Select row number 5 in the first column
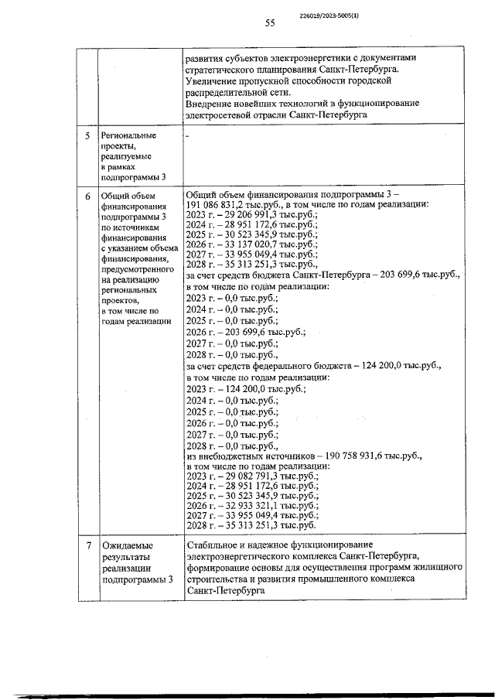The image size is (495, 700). (87, 136)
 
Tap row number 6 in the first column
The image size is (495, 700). (87, 196)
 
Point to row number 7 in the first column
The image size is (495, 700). (87, 547)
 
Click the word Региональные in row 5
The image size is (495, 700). (128, 136)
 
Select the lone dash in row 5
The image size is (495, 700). (188, 136)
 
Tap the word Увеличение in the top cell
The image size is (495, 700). (213, 80)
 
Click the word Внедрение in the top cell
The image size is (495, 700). (212, 103)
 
